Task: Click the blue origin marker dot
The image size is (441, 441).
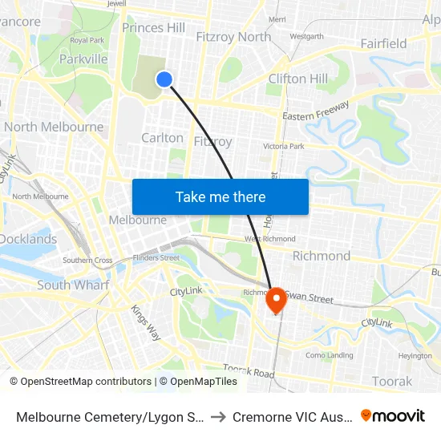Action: tap(164, 79)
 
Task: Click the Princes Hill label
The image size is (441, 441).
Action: tap(153, 28)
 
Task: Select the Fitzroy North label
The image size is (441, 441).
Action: tap(233, 37)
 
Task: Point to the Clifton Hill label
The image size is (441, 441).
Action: tap(297, 79)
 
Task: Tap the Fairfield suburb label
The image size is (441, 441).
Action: tap(383, 43)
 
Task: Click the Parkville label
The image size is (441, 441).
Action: tap(83, 59)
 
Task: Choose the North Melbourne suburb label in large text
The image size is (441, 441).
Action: tap(54, 127)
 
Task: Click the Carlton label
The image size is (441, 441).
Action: tap(162, 138)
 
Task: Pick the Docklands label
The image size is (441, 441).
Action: tap(28, 239)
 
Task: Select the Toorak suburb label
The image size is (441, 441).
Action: tap(392, 382)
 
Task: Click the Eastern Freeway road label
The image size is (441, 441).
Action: tap(315, 111)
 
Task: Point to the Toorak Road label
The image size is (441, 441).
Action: tap(249, 371)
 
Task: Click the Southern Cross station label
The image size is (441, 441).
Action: tap(87, 261)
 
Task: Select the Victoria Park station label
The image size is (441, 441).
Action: tap(284, 147)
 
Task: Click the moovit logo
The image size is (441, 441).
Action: tap(393, 416)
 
